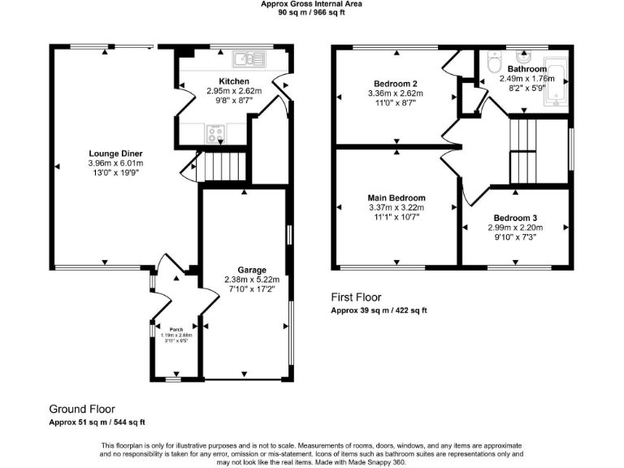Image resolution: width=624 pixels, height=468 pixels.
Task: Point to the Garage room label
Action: (251, 271)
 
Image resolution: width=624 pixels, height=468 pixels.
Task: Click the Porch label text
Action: (175, 330)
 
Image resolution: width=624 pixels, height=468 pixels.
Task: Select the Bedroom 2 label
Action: (396, 84)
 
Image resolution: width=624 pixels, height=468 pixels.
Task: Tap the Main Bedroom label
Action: (396, 197)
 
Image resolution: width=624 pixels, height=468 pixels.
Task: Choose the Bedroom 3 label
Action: (515, 218)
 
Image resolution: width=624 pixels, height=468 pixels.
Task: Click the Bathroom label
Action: (528, 70)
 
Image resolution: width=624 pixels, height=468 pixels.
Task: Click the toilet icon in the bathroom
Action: (492, 63)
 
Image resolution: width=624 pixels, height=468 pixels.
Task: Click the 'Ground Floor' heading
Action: (82, 409)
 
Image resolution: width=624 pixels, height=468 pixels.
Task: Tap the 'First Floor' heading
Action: (356, 297)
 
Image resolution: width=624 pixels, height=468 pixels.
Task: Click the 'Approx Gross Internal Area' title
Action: (311, 4)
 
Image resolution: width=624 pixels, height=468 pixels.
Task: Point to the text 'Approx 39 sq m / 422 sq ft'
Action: (379, 311)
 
